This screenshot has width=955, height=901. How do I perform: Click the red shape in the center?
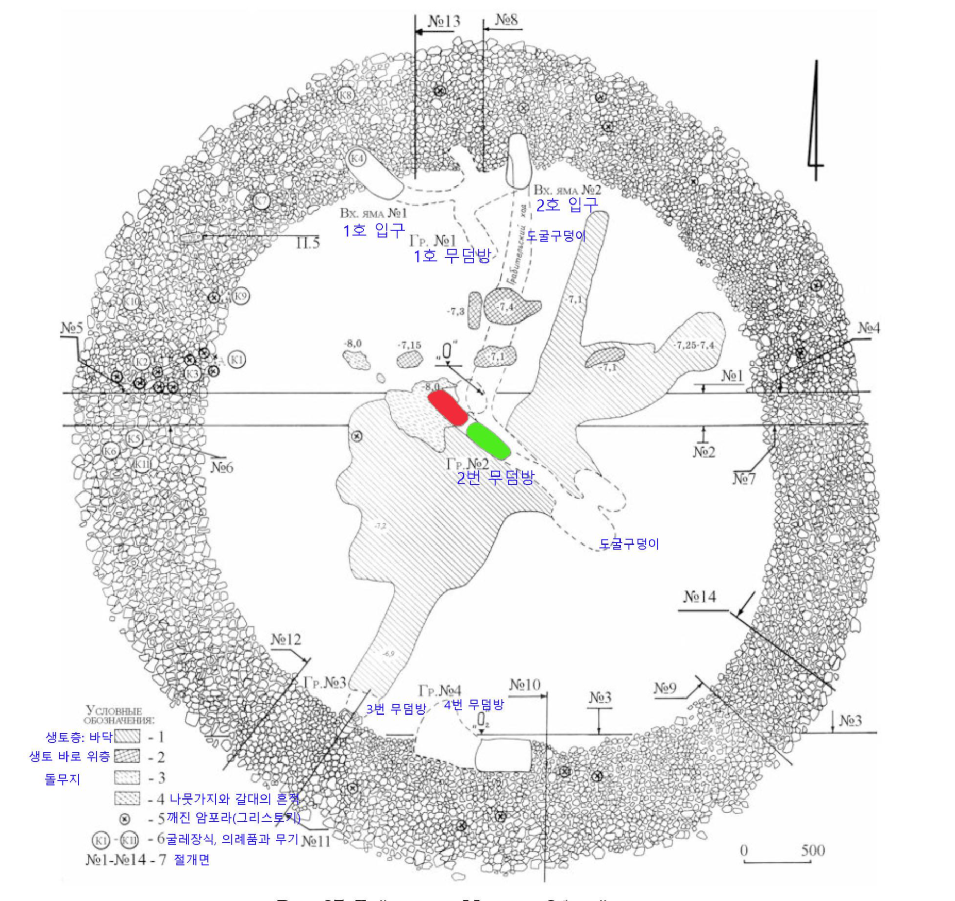(447, 407)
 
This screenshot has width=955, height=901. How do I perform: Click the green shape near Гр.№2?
(489, 440)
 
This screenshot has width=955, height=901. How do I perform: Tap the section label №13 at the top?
(444, 21)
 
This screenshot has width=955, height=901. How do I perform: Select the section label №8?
(507, 20)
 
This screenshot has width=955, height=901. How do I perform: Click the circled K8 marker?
(345, 95)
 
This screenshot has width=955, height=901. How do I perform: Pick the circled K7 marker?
(262, 200)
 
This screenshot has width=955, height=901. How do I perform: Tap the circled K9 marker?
(241, 296)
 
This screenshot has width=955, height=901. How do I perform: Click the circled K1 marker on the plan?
(237, 359)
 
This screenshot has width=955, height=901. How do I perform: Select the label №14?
(700, 597)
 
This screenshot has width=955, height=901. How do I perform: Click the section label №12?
(286, 639)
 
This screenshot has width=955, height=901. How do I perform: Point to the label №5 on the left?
(72, 328)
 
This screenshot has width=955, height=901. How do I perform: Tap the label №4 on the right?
(869, 328)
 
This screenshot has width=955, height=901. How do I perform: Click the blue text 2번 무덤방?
(495, 478)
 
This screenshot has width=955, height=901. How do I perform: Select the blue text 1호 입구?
(374, 230)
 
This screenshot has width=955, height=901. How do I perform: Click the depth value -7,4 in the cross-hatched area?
(506, 307)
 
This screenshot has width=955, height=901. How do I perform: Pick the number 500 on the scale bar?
(813, 850)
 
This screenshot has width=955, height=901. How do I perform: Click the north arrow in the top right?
(814, 121)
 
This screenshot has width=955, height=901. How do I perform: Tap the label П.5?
(308, 242)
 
